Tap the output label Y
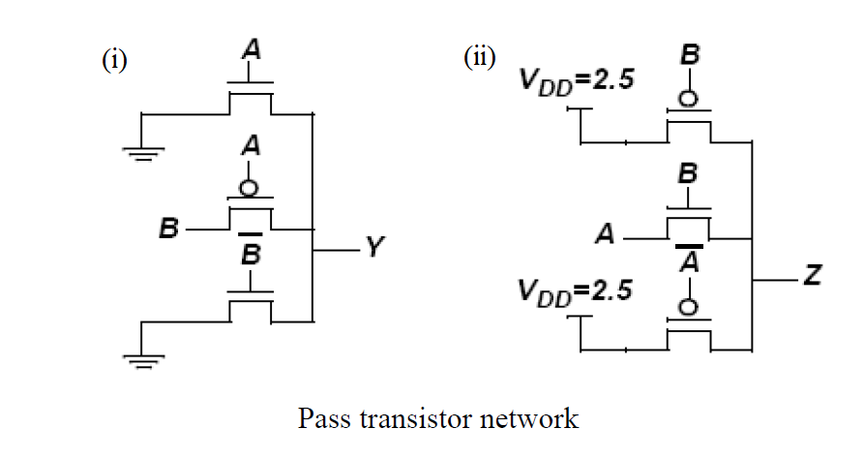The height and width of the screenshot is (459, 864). click(x=375, y=251)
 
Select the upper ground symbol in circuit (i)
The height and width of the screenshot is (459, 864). click(x=143, y=152)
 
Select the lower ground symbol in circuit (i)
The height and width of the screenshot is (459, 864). click(x=143, y=360)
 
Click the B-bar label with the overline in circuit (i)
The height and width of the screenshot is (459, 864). click(x=252, y=254)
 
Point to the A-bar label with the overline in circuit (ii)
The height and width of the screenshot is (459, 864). click(x=689, y=260)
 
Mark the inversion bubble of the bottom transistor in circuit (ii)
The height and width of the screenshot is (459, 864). click(x=689, y=305)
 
